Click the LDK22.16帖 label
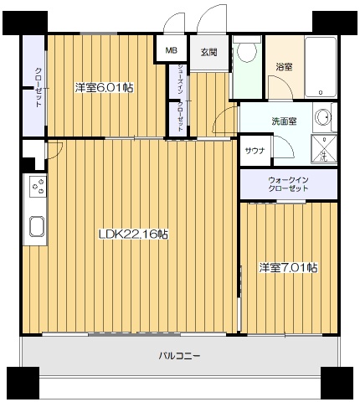click(134, 234)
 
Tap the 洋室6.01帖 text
click(104, 87)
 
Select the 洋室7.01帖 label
click(287, 267)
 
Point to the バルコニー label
click(180, 355)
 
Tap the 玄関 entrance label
click(208, 51)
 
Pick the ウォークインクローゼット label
click(288, 184)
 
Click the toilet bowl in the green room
click(246, 53)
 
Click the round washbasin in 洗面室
click(323, 118)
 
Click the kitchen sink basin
click(37, 226)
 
